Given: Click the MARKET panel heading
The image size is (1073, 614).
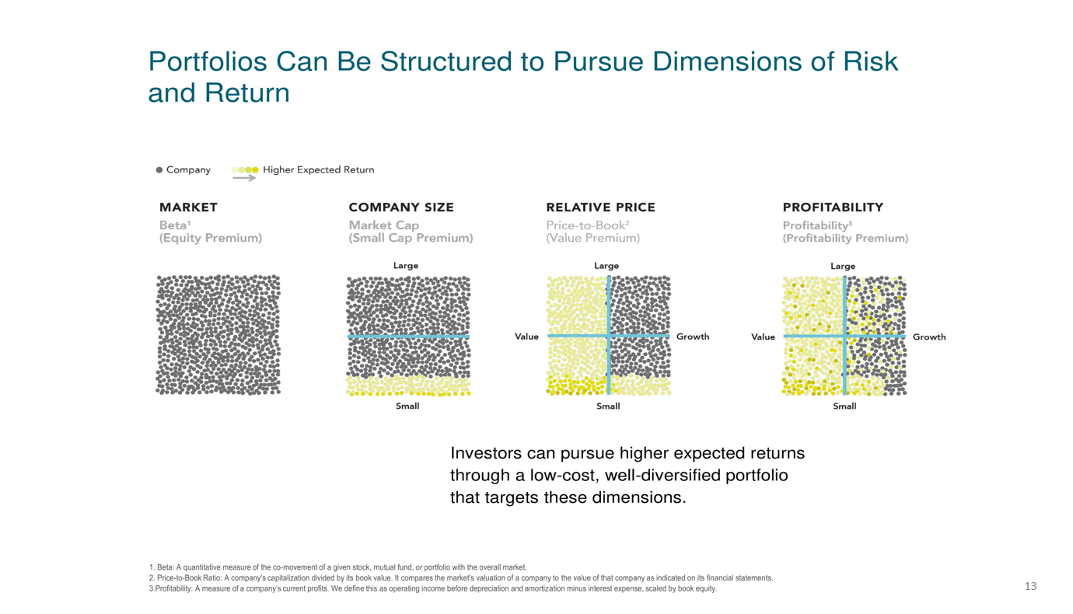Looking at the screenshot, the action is pyautogui.click(x=188, y=208).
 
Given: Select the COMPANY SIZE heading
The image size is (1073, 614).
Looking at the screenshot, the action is pyautogui.click(x=401, y=208).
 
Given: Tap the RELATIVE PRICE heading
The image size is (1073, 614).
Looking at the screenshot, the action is pyautogui.click(x=601, y=208).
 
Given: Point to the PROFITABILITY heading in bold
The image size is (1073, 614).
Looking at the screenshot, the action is pyautogui.click(x=833, y=208).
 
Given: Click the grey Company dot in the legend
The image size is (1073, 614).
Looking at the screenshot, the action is pyautogui.click(x=159, y=169).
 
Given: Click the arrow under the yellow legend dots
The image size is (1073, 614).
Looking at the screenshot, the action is pyautogui.click(x=244, y=178).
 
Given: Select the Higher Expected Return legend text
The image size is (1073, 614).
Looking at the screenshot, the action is pyautogui.click(x=319, y=169).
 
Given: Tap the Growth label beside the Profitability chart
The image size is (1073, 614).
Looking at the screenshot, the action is pyautogui.click(x=929, y=337).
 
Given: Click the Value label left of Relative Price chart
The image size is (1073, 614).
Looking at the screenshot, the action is pyautogui.click(x=526, y=337).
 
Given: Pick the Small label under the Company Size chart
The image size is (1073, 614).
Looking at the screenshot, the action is pyautogui.click(x=407, y=406).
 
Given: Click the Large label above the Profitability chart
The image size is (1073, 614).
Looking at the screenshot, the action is pyautogui.click(x=843, y=267).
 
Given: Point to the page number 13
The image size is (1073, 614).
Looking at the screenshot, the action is pyautogui.click(x=1031, y=586).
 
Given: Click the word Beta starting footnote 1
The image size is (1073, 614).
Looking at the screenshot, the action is pyautogui.click(x=165, y=567).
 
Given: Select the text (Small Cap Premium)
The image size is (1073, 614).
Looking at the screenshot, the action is pyautogui.click(x=411, y=238).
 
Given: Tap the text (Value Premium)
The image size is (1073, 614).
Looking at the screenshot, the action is pyautogui.click(x=593, y=238).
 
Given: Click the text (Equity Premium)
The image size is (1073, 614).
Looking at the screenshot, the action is pyautogui.click(x=211, y=238).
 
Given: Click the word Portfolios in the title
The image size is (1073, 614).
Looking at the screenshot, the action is pyautogui.click(x=208, y=61).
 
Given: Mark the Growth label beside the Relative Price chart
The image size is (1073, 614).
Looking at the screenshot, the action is pyautogui.click(x=693, y=337).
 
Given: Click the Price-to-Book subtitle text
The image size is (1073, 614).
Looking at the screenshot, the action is pyautogui.click(x=587, y=225).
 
